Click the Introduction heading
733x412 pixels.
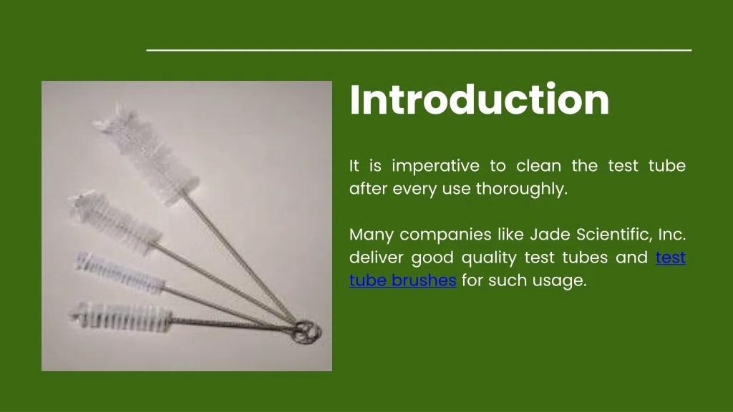tap(479, 100)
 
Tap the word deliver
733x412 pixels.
tap(374, 257)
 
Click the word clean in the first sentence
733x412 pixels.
tap(538, 167)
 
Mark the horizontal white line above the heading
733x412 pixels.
tap(419, 50)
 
